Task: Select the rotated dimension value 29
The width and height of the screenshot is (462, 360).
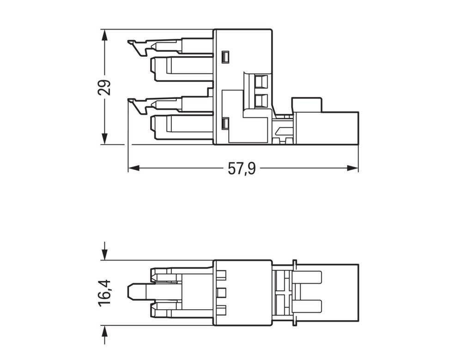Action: pos(105,87)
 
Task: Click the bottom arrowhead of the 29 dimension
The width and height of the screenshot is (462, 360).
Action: pos(105,138)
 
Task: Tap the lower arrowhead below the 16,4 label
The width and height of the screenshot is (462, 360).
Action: pos(105,331)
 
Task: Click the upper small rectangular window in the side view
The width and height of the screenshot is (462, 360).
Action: pos(225,57)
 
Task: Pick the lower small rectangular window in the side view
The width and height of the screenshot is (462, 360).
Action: pos(225,123)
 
